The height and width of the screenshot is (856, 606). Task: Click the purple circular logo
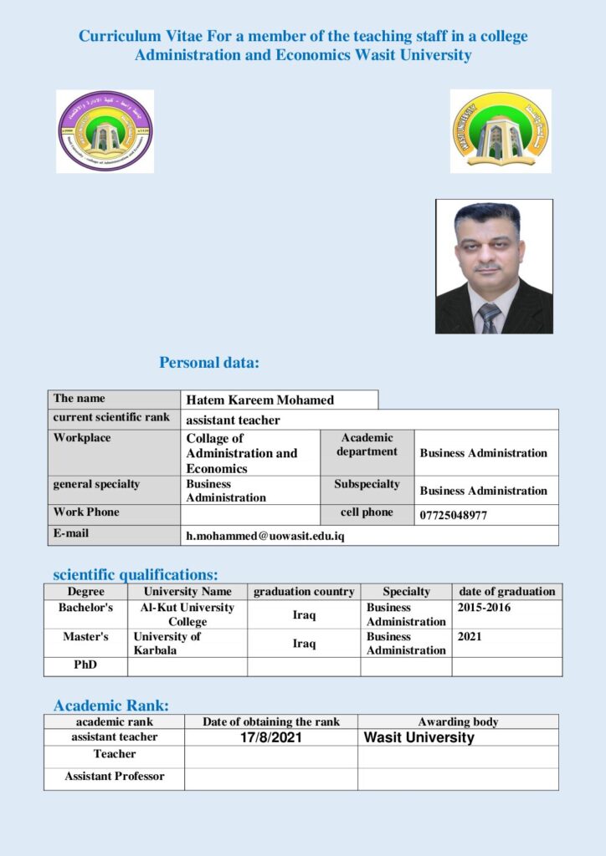pyautogui.click(x=105, y=131)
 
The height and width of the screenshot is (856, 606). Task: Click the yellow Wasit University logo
pyautogui.click(x=501, y=131)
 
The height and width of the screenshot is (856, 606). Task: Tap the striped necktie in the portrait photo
pyautogui.click(x=489, y=318)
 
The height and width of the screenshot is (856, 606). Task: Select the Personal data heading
pyautogui.click(x=209, y=363)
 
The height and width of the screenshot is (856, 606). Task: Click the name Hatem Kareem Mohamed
pyautogui.click(x=259, y=400)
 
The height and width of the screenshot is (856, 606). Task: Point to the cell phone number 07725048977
pyautogui.click(x=453, y=516)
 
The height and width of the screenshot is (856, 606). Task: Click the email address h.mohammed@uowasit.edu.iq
pyautogui.click(x=265, y=536)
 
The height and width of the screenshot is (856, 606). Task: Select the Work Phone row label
pyautogui.click(x=86, y=512)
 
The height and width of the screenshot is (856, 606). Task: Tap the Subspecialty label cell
pyautogui.click(x=367, y=484)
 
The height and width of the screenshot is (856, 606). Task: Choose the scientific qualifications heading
pyautogui.click(x=136, y=574)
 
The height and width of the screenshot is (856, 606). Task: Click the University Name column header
pyautogui.click(x=187, y=592)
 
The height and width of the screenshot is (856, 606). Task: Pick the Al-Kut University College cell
pyautogui.click(x=187, y=614)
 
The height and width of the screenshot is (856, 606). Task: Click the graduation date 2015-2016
pyautogui.click(x=484, y=608)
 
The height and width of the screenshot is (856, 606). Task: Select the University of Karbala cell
pyautogui.click(x=167, y=643)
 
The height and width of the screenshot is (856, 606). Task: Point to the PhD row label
pyautogui.click(x=85, y=665)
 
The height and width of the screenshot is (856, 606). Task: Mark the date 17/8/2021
pyautogui.click(x=271, y=738)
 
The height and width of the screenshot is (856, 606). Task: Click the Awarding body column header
pyautogui.click(x=458, y=721)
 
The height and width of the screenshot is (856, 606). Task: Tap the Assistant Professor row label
pyautogui.click(x=115, y=777)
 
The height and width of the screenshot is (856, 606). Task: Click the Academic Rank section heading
pyautogui.click(x=111, y=705)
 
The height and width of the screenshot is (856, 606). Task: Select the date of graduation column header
pyautogui.click(x=506, y=592)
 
